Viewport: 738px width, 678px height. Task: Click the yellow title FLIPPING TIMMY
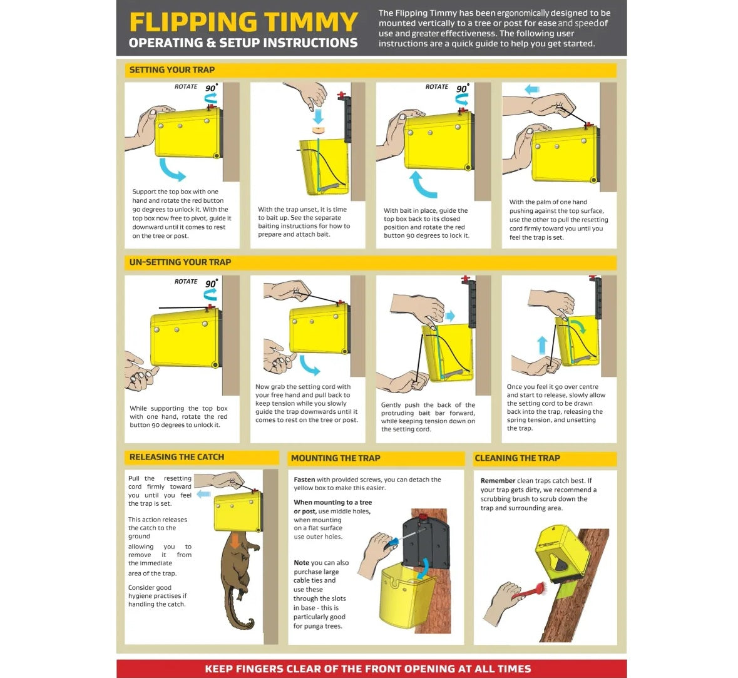(x=243, y=22)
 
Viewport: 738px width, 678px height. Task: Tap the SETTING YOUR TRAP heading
(x=172, y=69)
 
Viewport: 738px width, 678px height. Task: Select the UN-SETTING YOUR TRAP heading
(x=180, y=262)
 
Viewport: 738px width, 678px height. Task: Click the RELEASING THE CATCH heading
(x=177, y=457)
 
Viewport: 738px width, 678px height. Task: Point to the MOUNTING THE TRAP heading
(x=336, y=458)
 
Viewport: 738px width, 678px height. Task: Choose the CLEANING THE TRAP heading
(x=517, y=458)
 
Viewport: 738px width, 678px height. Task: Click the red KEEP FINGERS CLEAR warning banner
(x=371, y=669)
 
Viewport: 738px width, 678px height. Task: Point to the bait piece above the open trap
(x=319, y=130)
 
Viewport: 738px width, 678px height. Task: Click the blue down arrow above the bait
(x=319, y=116)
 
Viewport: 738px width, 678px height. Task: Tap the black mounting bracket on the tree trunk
(x=426, y=542)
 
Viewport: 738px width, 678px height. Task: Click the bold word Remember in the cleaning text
(x=498, y=481)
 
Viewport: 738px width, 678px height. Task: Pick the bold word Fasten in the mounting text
(x=304, y=480)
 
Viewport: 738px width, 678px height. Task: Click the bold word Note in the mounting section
(x=301, y=563)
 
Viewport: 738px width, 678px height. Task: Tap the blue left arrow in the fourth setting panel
(x=532, y=89)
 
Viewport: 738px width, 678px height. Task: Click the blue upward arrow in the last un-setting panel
(x=542, y=345)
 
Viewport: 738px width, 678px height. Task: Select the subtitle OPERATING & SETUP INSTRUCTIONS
(x=243, y=43)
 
